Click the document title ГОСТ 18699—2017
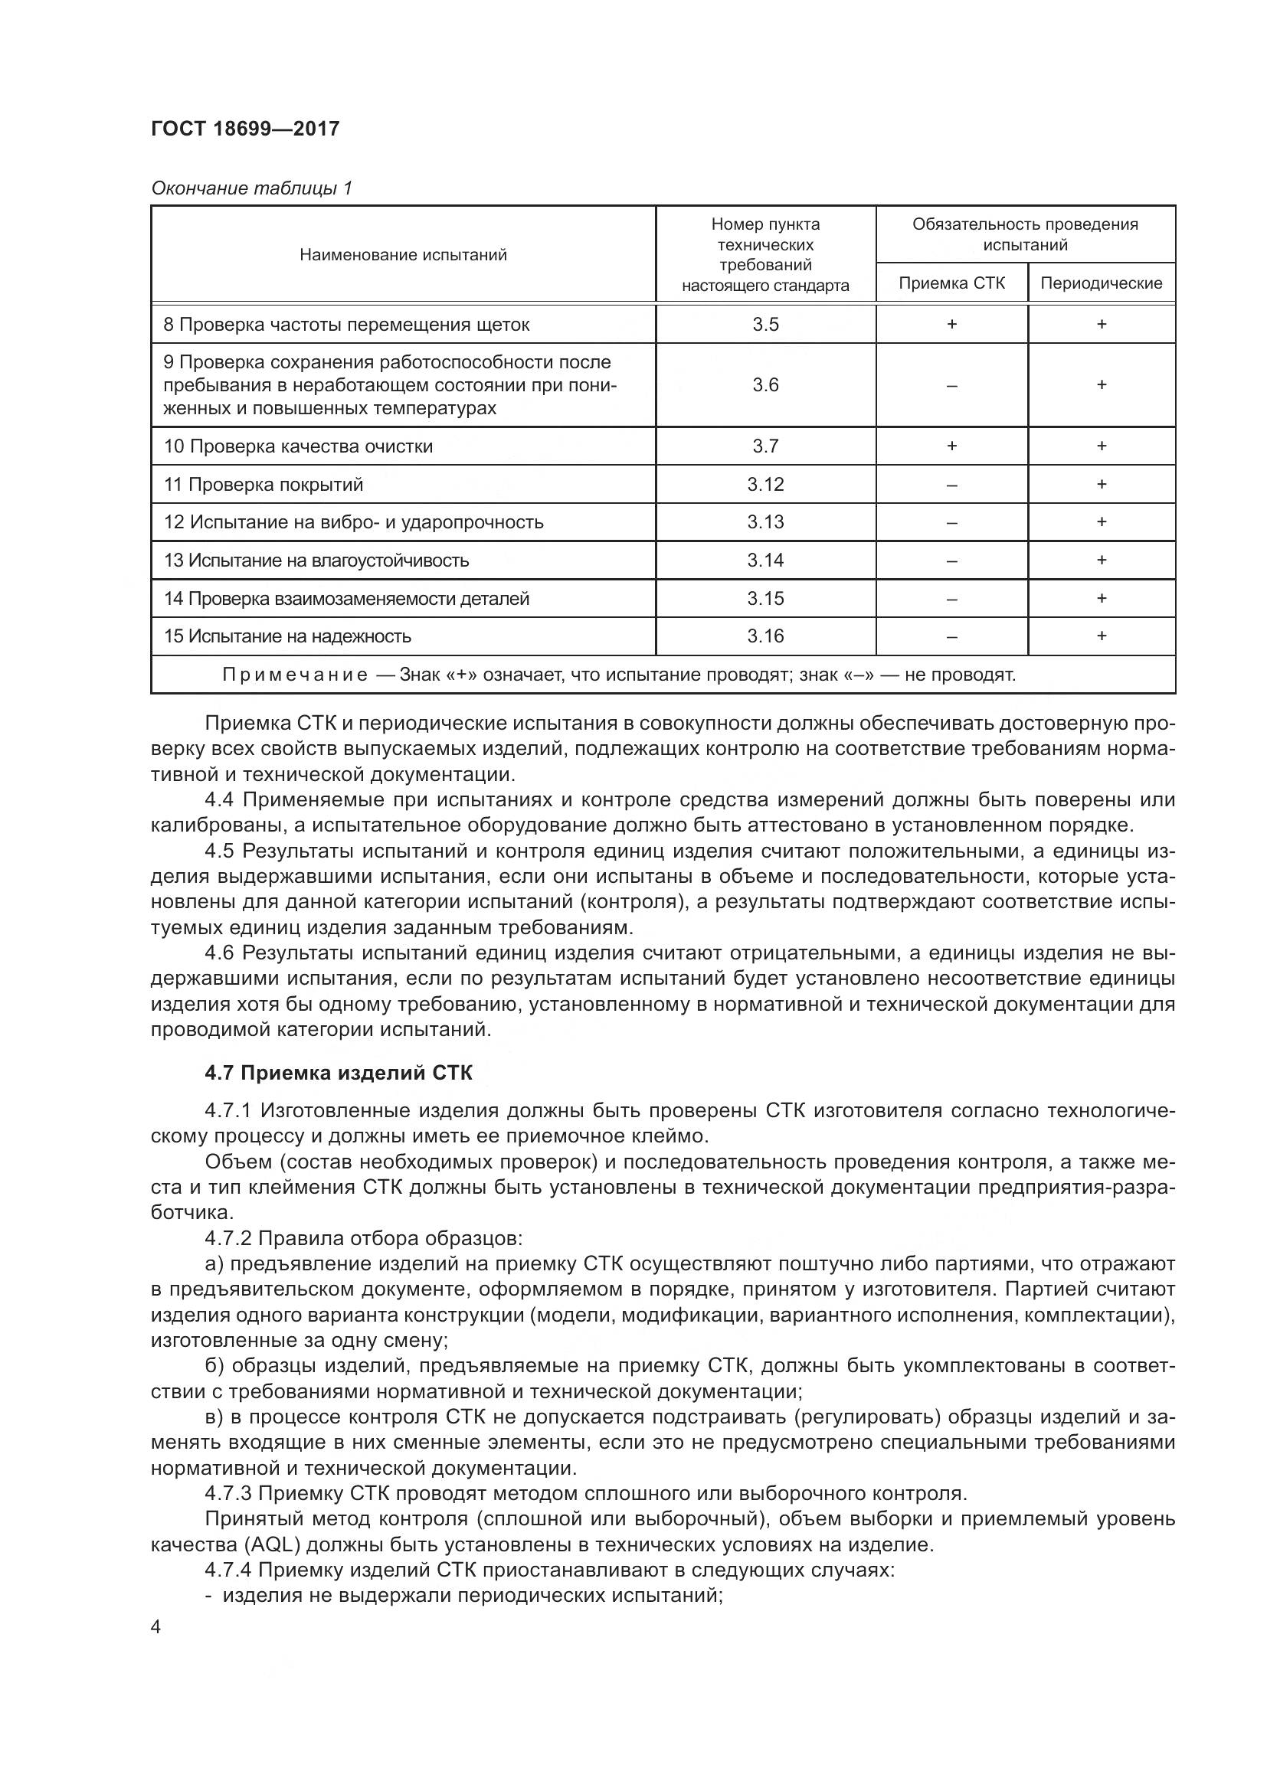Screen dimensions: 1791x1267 coord(245,129)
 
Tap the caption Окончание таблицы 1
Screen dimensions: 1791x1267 coord(251,188)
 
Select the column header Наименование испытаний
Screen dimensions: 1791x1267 coord(403,254)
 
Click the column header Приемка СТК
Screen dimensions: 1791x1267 coord(951,283)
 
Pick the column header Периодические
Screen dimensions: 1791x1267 coord(1101,283)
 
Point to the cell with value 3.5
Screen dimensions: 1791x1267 coord(764,325)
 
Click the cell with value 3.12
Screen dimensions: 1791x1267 coord(764,485)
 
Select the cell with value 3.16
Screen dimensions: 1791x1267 coord(764,636)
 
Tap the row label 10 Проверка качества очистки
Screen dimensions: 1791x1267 coord(298,446)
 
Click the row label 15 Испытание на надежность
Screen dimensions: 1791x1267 coord(287,636)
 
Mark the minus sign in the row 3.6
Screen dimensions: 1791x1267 coord(951,385)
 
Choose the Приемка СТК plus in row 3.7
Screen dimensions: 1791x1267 coord(951,446)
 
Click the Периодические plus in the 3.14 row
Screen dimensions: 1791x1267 coord(1101,560)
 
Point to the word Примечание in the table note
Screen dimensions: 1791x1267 coord(294,675)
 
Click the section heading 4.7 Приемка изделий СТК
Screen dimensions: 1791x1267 coord(338,1073)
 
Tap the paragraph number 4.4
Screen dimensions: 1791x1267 coord(219,799)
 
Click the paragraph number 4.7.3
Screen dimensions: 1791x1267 coord(227,1493)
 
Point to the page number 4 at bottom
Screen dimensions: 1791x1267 coord(156,1628)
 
